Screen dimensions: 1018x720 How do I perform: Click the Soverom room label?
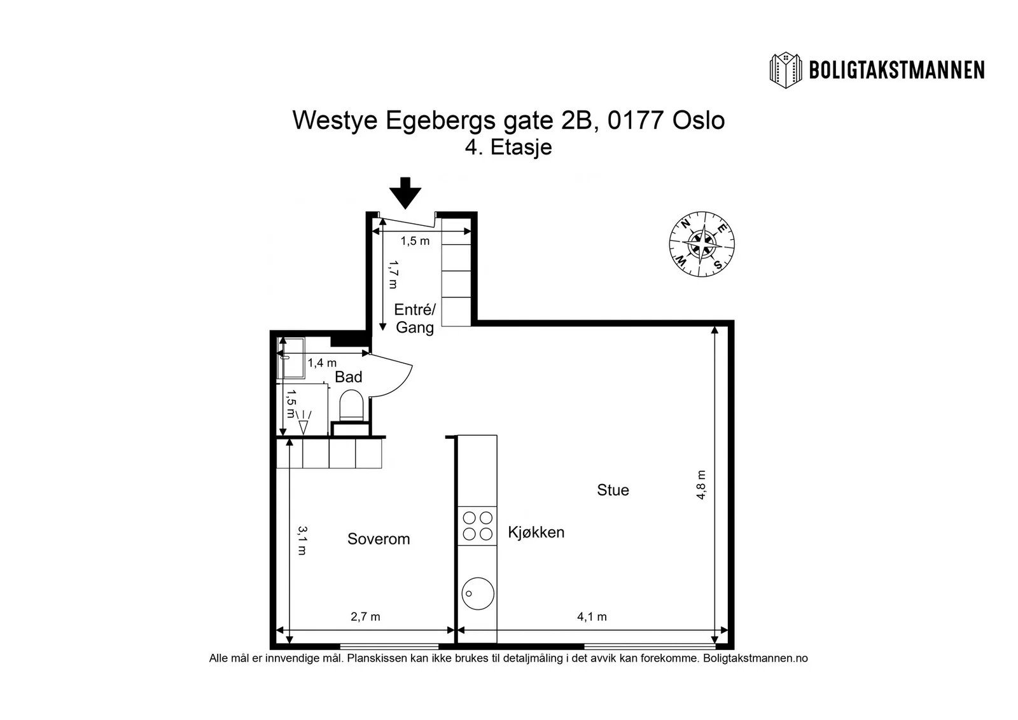click(379, 539)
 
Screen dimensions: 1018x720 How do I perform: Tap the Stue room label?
click(613, 490)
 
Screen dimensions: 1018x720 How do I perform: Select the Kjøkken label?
click(536, 532)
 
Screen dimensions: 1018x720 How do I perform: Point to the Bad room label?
click(349, 377)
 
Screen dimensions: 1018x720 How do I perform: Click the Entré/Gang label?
click(415, 319)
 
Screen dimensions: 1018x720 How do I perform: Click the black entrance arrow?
click(405, 193)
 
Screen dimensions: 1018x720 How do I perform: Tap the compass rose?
click(702, 244)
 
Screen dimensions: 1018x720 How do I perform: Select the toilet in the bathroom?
click(351, 405)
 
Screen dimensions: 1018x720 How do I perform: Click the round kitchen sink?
click(478, 593)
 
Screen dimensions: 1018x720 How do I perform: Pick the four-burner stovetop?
click(477, 525)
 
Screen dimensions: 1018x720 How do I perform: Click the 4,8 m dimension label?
click(701, 485)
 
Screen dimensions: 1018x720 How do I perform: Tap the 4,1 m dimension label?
click(592, 616)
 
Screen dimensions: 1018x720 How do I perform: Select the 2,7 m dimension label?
click(365, 616)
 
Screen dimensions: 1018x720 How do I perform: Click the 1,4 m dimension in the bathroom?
click(322, 363)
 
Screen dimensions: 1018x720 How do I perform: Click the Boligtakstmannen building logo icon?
click(785, 71)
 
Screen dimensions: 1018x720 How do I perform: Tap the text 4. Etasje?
click(508, 147)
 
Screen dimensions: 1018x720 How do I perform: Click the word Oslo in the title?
click(699, 120)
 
